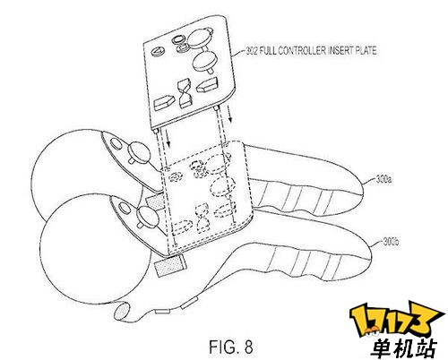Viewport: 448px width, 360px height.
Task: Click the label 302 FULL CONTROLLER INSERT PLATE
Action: pyautogui.click(x=311, y=51)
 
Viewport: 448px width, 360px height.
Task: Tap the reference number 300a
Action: pyautogui.click(x=383, y=180)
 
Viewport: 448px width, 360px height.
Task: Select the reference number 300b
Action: pyautogui.click(x=391, y=241)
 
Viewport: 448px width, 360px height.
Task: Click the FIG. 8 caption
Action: pyautogui.click(x=231, y=347)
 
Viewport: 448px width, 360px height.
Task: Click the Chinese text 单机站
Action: pyautogui.click(x=404, y=347)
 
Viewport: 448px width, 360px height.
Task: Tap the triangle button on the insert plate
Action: pyautogui.click(x=157, y=52)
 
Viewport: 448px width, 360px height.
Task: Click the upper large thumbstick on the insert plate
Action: pyautogui.click(x=200, y=39)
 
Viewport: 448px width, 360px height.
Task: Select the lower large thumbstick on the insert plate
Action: pyautogui.click(x=204, y=61)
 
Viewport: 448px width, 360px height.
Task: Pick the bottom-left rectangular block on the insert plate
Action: pyautogui.click(x=163, y=103)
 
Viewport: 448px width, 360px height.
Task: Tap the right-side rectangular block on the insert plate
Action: pyautogui.click(x=207, y=84)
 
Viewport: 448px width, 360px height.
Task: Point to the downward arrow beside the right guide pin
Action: pyautogui.click(x=229, y=114)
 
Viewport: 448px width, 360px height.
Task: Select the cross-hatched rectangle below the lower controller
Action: pyautogui.click(x=169, y=264)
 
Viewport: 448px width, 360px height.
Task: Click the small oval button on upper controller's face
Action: pyautogui.click(x=116, y=144)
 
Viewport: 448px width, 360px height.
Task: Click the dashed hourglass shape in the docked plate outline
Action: pyautogui.click(x=202, y=218)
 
